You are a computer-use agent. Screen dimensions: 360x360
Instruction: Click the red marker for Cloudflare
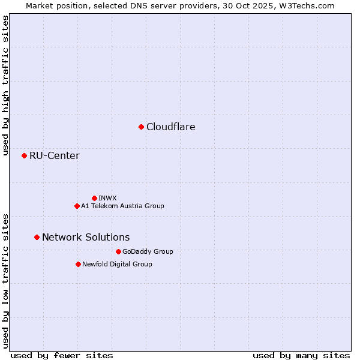tap(141, 127)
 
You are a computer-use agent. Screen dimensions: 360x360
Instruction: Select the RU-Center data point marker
tap(24, 155)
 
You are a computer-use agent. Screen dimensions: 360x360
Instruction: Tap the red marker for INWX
tap(94, 198)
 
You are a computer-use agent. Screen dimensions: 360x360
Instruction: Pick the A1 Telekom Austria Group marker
tap(77, 206)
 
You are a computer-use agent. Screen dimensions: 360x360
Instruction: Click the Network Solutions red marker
tap(37, 237)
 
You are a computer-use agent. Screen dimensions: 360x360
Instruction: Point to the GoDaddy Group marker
tap(118, 251)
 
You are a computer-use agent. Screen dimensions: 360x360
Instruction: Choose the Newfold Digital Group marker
tap(78, 264)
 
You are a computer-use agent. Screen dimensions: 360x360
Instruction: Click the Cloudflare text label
tap(171, 127)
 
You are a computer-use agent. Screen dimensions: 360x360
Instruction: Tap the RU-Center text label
tap(55, 156)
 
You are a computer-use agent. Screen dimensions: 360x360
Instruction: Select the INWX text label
tap(108, 198)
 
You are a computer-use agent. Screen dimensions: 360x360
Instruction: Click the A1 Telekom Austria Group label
tap(122, 206)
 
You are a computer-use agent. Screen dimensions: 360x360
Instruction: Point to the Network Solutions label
tap(86, 237)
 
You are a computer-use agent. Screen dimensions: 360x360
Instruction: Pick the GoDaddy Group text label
tap(148, 251)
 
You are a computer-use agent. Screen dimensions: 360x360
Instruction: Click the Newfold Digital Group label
tap(117, 264)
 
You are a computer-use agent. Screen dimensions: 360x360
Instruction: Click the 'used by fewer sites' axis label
tap(62, 355)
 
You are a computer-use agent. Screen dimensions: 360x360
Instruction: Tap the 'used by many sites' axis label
tap(301, 355)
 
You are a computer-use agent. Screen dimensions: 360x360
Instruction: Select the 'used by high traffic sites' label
tap(5, 85)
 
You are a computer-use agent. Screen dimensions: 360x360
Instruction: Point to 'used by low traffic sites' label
tap(5, 280)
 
